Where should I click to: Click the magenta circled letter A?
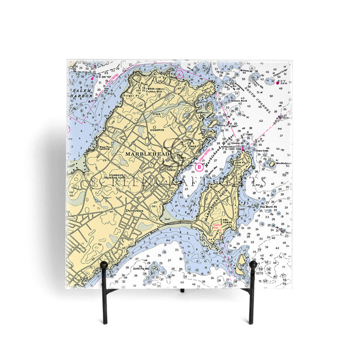point(179,73)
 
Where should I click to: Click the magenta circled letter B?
point(199,166)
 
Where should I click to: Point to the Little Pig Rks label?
point(142,267)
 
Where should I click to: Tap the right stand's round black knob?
point(253,265)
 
